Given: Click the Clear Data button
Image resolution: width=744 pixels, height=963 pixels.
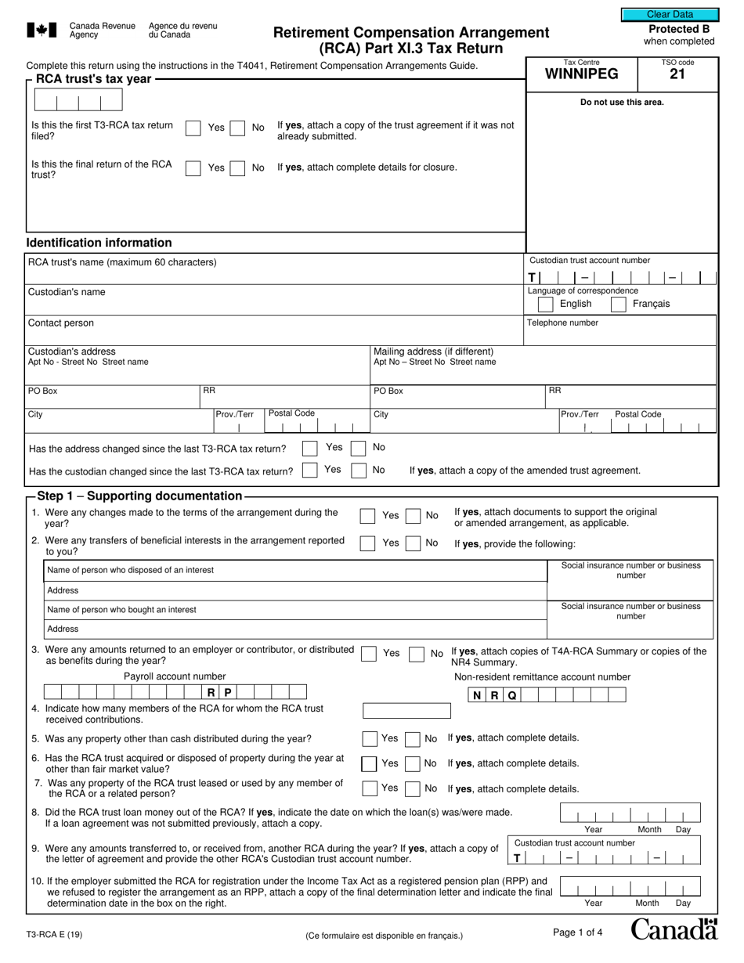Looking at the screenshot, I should tap(670, 14).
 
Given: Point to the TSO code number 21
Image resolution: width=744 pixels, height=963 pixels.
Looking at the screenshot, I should tap(677, 75).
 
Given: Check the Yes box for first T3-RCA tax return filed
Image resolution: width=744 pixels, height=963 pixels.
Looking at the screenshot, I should tap(193, 128).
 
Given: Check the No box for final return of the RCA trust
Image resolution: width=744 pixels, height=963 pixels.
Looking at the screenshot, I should tap(237, 168).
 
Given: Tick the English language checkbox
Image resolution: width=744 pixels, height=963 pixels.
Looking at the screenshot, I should tap(546, 304).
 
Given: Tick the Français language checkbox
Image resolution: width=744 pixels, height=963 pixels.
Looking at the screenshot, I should tap(618, 304).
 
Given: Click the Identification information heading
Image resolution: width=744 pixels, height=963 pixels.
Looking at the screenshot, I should tap(99, 243).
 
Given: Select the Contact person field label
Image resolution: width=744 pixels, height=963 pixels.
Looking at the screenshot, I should tap(61, 323).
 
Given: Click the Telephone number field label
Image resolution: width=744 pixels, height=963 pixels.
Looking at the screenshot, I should tap(562, 323).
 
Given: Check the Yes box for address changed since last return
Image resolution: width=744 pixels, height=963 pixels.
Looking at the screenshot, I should tap(309, 448).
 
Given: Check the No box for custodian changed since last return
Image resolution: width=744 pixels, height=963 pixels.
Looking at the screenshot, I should tap(359, 471).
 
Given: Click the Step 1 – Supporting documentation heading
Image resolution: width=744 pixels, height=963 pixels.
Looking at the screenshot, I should tap(140, 496).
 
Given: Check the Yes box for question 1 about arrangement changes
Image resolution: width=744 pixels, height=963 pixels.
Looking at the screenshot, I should tap(367, 516).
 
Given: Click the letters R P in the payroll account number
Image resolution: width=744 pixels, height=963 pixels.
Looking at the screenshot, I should tap(219, 692).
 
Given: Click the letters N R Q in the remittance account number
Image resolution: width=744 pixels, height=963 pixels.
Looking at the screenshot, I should tap(494, 695).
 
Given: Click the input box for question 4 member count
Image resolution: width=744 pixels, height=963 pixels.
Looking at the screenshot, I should tap(406, 711).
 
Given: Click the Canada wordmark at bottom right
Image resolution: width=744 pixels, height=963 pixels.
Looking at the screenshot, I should tap(674, 929).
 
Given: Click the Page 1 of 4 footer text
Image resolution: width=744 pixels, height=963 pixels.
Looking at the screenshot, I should tap(577, 932).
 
